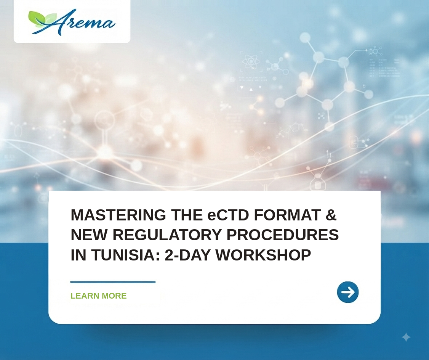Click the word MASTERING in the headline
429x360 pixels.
[118, 215]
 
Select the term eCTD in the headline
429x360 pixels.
[228, 215]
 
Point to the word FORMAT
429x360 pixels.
[287, 215]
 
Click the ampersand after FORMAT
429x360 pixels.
[331, 215]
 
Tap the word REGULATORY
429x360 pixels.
[167, 235]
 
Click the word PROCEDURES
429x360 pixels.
[283, 235]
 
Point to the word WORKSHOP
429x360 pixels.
[263, 255]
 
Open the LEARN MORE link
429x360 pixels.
[99, 296]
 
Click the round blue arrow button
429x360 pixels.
[348, 292]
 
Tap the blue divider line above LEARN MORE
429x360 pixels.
[113, 282]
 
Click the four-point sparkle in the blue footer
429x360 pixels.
[406, 337]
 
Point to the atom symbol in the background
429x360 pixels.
[251, 61]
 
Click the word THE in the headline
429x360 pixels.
[187, 215]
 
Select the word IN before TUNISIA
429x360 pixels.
[78, 255]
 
